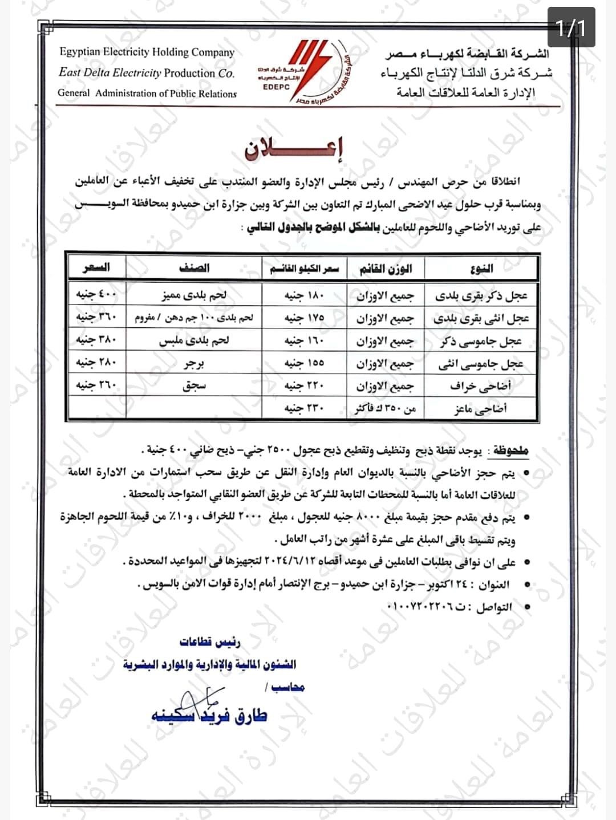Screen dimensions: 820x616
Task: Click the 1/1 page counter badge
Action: (571, 27)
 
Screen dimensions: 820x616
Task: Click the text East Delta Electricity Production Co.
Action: (146, 73)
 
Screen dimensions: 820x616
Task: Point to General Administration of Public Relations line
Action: (147, 93)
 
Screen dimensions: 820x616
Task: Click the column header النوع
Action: (482, 268)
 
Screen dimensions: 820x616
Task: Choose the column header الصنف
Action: (194, 267)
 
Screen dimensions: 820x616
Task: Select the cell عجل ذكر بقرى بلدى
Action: (482, 295)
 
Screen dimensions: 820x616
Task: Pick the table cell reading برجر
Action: (194, 363)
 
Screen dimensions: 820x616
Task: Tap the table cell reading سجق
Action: (194, 386)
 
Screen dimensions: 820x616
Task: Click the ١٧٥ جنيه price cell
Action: (304, 318)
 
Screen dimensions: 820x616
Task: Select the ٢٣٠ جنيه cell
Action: (304, 408)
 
